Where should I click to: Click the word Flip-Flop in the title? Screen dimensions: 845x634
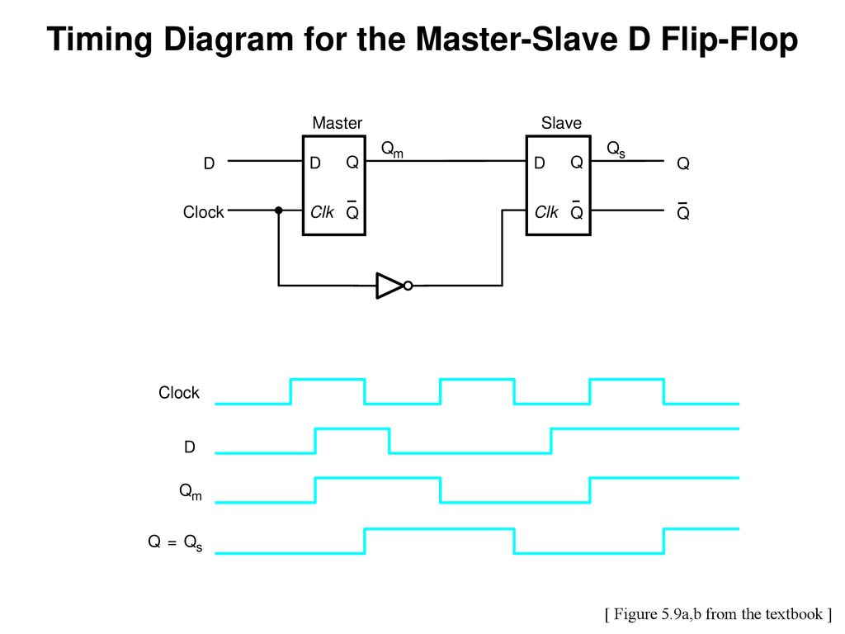coord(729,40)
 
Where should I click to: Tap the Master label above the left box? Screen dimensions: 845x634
coord(338,123)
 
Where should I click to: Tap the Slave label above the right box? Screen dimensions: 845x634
coord(561,123)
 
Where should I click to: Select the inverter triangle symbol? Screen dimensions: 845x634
coord(389,286)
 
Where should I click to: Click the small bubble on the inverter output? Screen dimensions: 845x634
coord(408,286)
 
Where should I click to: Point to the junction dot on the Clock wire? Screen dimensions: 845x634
coord(279,211)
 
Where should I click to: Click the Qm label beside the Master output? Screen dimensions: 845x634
coord(392,149)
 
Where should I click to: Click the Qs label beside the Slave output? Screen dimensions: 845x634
coord(616,149)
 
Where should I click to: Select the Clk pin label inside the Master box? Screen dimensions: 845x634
coord(323,212)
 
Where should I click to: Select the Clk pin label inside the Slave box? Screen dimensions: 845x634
coord(546,212)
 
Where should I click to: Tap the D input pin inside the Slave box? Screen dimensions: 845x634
coord(540,163)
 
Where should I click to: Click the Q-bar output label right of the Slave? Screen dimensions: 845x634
coord(682,212)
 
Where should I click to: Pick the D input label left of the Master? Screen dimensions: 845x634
coord(209,163)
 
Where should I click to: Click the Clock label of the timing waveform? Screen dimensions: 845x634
coord(179,392)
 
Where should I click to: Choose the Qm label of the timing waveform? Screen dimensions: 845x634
coord(191,492)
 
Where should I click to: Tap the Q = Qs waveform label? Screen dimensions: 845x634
coord(175,542)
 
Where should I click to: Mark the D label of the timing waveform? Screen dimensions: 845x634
coord(190,447)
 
